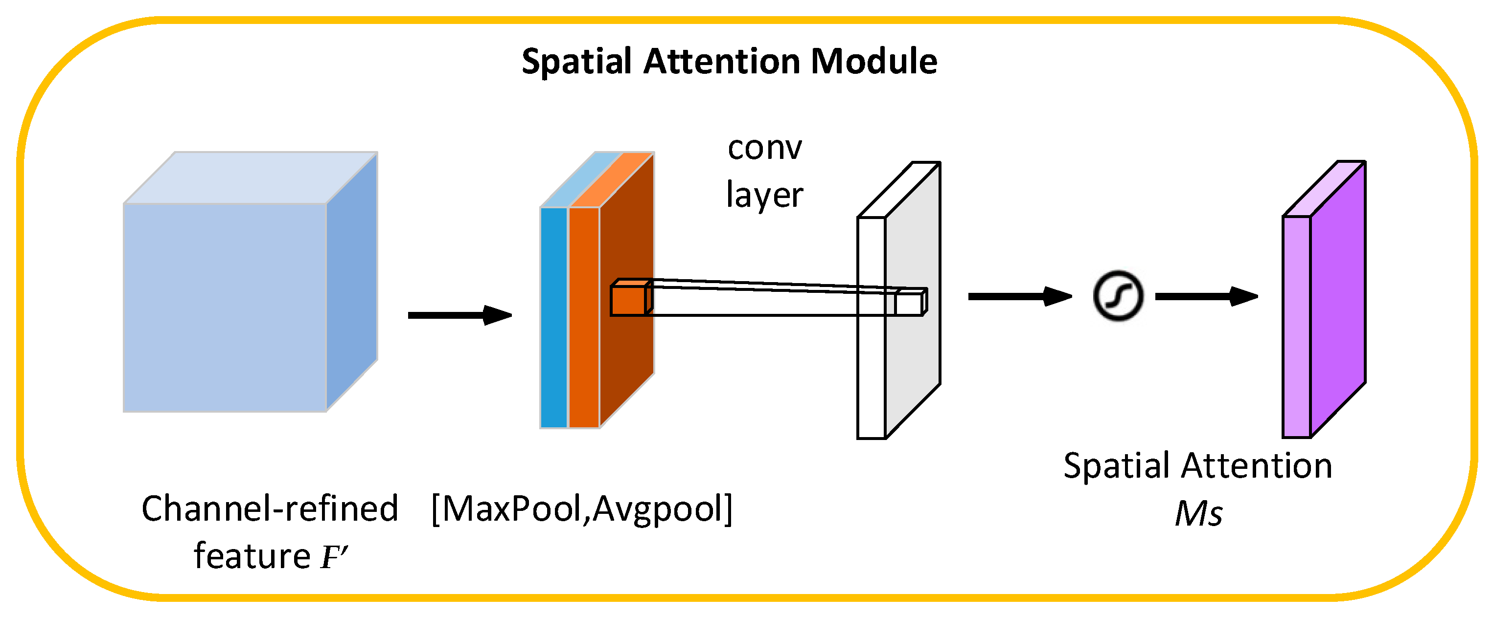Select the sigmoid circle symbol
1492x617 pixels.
[1118, 296]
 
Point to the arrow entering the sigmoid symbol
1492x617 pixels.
[1019, 296]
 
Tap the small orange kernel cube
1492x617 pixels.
[629, 300]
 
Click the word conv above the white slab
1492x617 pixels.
[764, 148]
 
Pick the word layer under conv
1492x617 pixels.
[764, 195]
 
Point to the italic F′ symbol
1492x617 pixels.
[334, 557]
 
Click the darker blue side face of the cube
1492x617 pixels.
[351, 284]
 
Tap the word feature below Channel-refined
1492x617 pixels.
[252, 557]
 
